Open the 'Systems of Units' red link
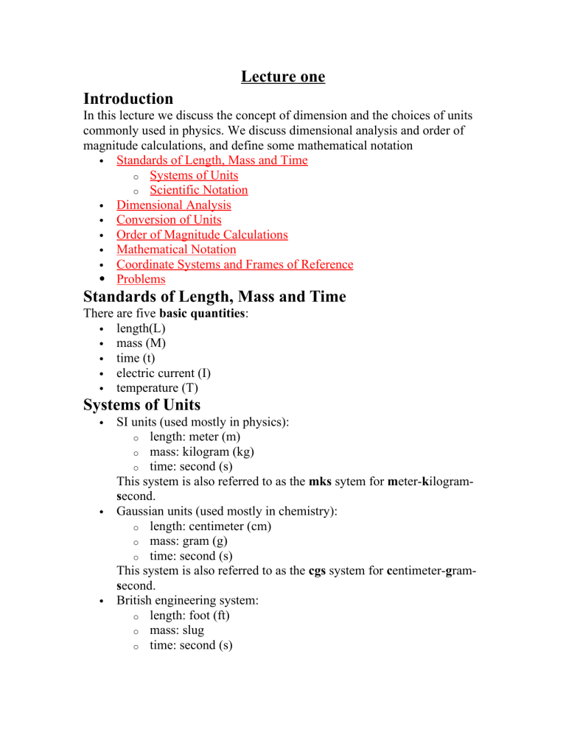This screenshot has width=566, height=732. [193, 175]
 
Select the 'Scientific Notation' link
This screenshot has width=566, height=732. [198, 190]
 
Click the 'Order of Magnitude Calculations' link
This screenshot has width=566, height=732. [202, 235]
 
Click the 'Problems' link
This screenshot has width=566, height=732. [141, 279]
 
